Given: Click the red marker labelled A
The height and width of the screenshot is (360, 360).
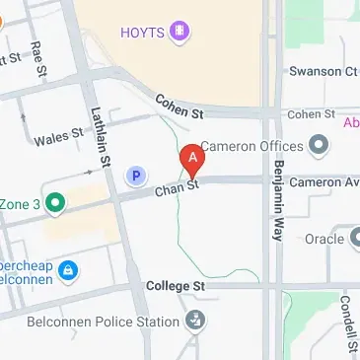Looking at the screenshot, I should (x=193, y=158).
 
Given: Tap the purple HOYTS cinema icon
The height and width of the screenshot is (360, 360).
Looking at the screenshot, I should (x=180, y=33).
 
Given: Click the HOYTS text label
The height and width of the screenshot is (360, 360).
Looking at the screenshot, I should (x=143, y=33).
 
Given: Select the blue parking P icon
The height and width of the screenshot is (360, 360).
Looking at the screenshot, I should (x=135, y=177).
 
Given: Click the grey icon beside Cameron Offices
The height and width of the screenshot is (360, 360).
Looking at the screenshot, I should (x=318, y=148).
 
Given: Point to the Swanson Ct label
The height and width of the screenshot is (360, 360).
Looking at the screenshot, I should (x=323, y=71).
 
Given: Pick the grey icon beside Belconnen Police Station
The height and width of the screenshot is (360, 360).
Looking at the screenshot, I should (x=196, y=320).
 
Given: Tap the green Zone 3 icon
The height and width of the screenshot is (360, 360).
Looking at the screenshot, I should (x=55, y=204).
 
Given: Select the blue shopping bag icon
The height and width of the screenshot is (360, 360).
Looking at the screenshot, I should (x=66, y=269).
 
